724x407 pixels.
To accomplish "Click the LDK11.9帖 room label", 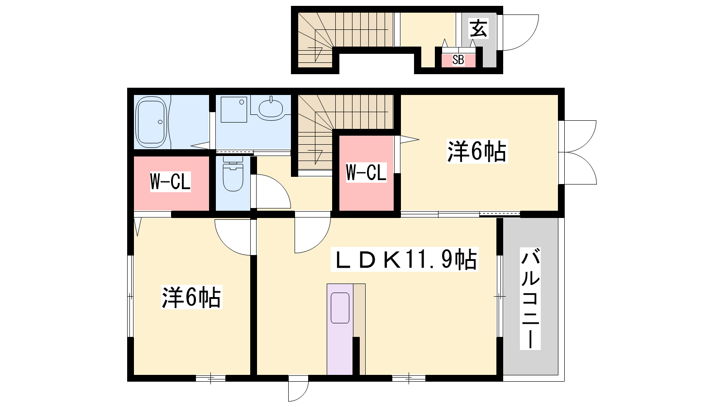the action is [405, 260].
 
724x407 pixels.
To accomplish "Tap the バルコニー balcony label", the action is [530, 298].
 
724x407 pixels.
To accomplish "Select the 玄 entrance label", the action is [478, 28].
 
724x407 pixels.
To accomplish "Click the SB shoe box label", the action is [458, 60].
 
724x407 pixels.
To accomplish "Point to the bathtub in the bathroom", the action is [152, 122].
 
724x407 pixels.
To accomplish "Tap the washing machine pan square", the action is [233, 109].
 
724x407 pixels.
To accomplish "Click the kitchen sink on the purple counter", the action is [340, 308].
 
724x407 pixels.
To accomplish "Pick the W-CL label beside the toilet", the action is [170, 182].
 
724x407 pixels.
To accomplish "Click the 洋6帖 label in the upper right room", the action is [477, 151].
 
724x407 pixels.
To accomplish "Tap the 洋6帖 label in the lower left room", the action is [192, 297].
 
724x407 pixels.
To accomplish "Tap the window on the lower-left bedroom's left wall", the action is [130, 296].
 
